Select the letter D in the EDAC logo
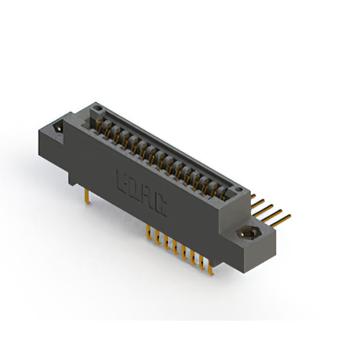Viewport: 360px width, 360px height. [x=135, y=188]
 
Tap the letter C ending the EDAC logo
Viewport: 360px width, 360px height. [x=160, y=207]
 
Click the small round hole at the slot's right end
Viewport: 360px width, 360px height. [x=241, y=191]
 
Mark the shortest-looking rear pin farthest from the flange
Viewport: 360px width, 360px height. [x=254, y=198]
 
